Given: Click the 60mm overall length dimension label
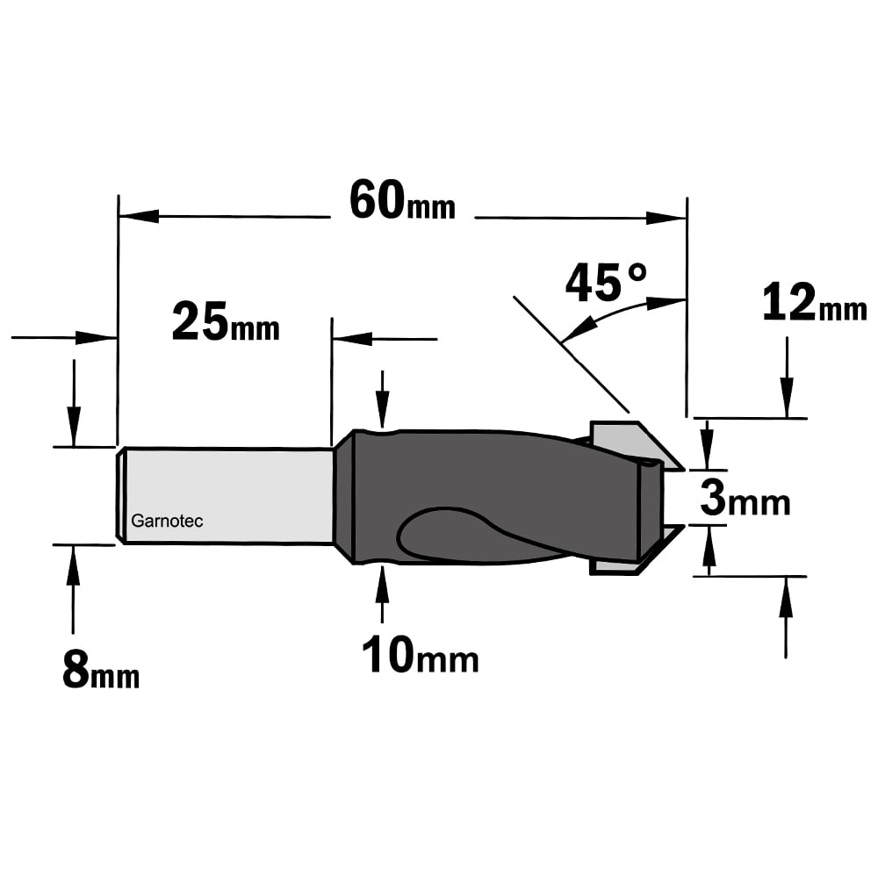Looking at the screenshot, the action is [402, 200].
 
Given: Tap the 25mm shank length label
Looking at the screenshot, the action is [226, 321].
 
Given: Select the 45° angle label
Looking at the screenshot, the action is [607, 282].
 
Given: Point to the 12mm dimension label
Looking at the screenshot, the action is [815, 302].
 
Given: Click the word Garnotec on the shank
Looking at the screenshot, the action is [167, 521].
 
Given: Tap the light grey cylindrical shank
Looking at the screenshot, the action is [227, 495].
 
